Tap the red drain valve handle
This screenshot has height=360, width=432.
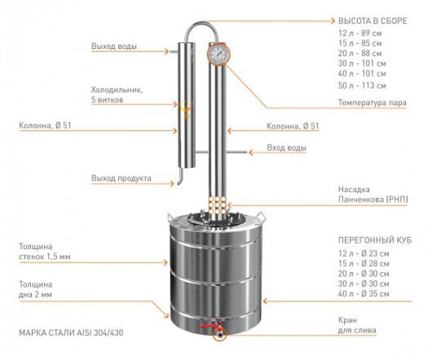pos(208,326)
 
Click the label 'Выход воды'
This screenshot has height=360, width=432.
pos(114,46)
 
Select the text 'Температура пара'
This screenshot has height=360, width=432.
pos(372,103)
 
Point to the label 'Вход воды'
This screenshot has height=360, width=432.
pos(287,147)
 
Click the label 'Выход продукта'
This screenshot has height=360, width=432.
pos(121,178)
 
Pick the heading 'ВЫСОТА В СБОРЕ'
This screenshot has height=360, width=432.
pos(372,21)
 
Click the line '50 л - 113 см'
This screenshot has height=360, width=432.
pos(362,86)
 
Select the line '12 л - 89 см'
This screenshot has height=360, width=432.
pos(359,33)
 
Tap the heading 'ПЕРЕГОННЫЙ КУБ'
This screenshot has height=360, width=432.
pos(375,240)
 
